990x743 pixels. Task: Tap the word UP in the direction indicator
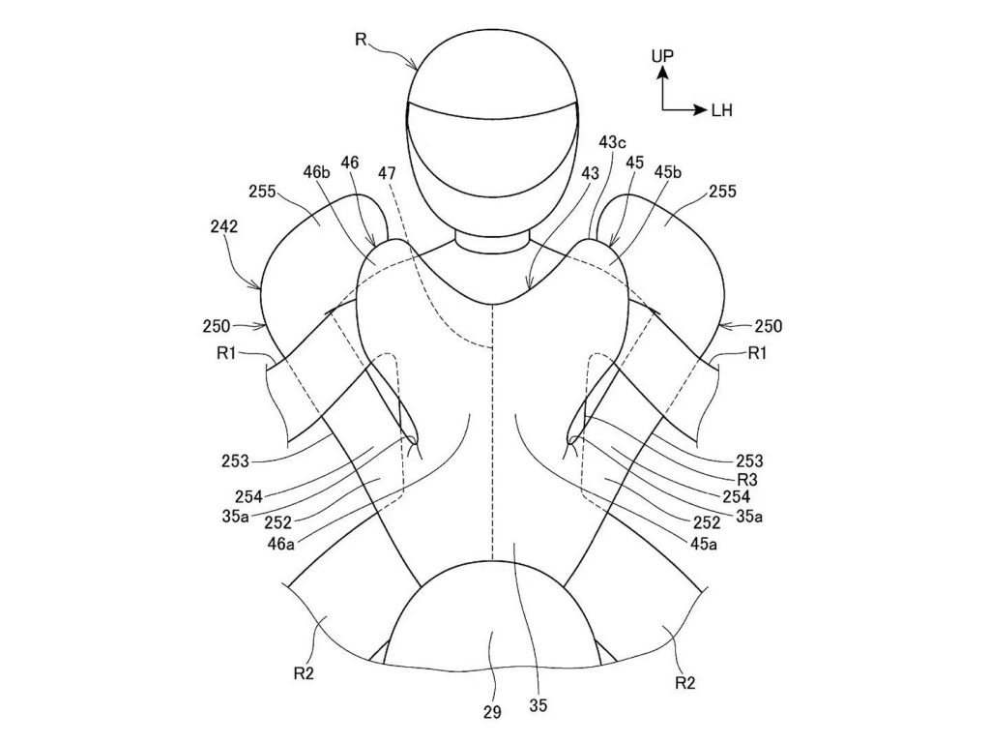(x=662, y=57)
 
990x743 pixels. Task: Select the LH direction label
(x=722, y=111)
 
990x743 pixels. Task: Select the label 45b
(x=668, y=172)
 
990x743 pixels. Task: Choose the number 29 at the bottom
(x=492, y=713)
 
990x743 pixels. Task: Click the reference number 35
(x=539, y=706)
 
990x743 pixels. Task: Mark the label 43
(x=590, y=172)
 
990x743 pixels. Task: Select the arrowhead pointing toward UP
(x=663, y=74)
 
